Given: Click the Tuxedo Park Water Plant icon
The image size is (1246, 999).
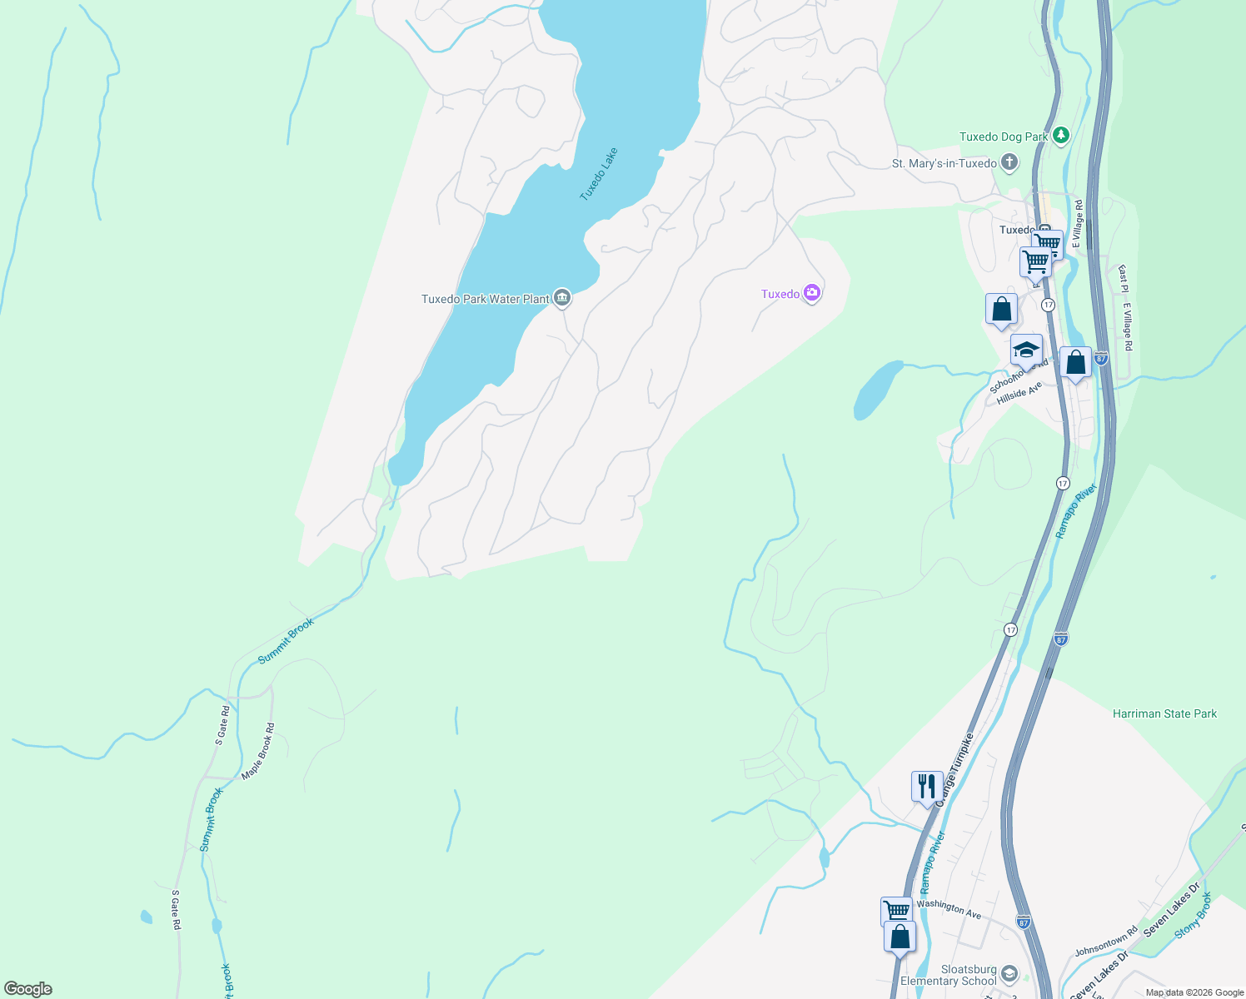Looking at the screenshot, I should [562, 297].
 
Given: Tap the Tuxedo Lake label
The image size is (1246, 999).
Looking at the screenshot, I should [599, 174].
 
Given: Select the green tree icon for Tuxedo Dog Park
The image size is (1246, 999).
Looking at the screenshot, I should [1060, 136].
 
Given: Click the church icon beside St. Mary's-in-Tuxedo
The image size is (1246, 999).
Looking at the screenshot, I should [1009, 162].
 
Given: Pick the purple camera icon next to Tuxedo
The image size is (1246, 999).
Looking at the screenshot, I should [812, 293].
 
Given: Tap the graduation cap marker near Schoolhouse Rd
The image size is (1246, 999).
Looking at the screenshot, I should [1026, 350].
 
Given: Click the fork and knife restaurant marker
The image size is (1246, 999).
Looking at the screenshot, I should [927, 786].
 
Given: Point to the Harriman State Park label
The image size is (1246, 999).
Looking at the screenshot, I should [1164, 713].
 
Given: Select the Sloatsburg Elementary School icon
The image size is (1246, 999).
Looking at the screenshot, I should [1009, 973].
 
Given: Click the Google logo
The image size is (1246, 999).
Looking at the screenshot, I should [28, 988].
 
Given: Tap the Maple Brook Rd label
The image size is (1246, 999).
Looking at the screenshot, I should [258, 751].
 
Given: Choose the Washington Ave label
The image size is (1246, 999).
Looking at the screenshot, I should [949, 908].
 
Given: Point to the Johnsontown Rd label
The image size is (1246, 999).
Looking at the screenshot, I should [1105, 942].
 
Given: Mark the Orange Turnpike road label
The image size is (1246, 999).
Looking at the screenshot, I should [954, 769].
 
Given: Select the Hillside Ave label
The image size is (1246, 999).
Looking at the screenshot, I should [1019, 393].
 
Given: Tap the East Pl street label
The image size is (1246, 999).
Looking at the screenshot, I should [1123, 279].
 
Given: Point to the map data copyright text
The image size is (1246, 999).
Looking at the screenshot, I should [1194, 992].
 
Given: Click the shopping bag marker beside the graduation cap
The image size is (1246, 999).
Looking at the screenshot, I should [1075, 363].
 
